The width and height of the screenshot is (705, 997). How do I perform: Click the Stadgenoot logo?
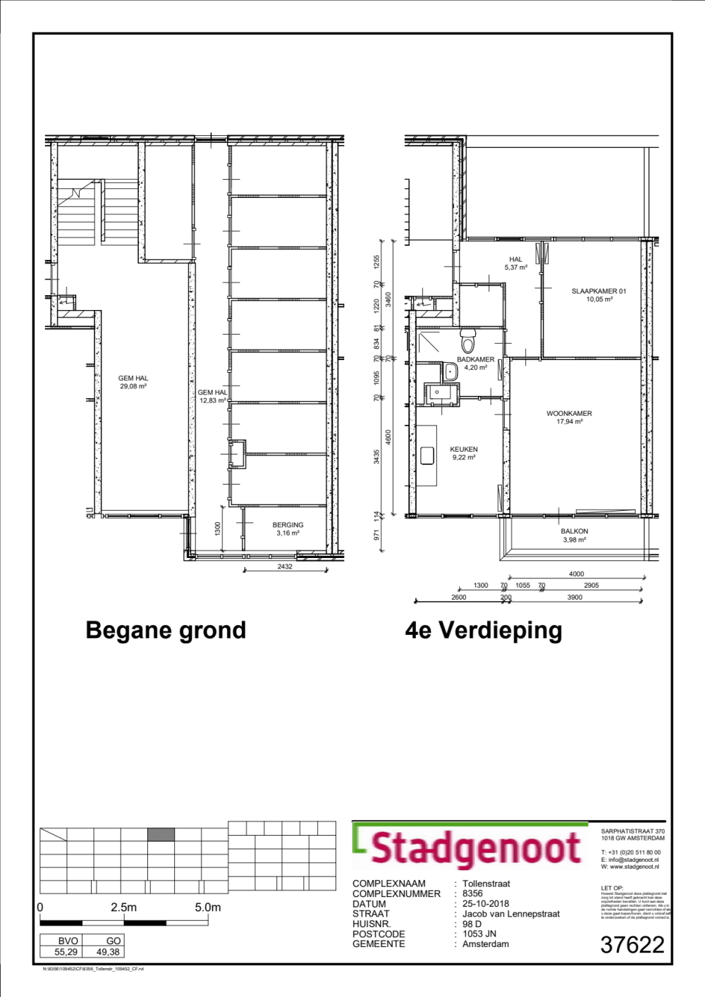click(471, 848)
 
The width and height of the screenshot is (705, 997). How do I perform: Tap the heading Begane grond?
click(166, 630)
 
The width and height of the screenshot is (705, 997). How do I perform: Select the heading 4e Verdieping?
click(484, 630)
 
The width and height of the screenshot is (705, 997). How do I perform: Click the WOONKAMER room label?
click(569, 414)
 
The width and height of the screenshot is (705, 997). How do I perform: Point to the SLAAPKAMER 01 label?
click(599, 291)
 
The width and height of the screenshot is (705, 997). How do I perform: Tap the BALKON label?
click(574, 532)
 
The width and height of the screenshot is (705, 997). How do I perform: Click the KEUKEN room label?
click(464, 450)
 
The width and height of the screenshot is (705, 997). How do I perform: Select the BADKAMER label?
click(475, 360)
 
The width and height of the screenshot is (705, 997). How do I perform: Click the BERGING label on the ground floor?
click(288, 526)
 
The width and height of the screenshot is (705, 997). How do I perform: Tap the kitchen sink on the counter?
click(427, 456)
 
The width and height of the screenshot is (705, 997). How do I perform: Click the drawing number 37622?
click(632, 945)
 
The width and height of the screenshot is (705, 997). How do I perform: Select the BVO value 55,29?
click(66, 952)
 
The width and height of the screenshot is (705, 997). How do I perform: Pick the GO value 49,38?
click(108, 952)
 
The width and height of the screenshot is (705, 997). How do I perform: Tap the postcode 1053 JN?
click(479, 934)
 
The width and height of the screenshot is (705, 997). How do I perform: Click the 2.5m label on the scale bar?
click(123, 908)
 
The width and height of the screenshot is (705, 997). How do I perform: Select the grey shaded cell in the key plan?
click(161, 835)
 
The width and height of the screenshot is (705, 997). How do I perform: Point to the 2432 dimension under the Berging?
click(285, 566)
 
